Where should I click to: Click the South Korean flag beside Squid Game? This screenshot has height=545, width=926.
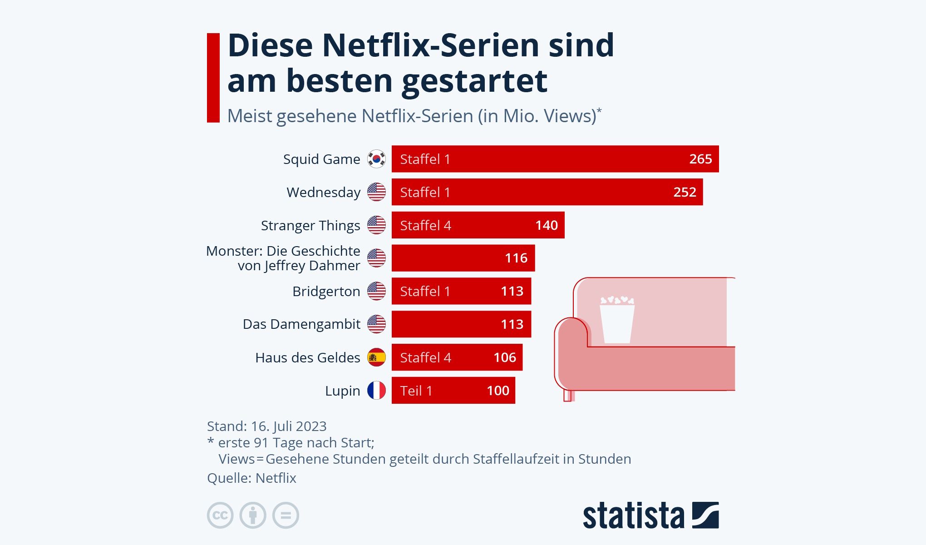376,159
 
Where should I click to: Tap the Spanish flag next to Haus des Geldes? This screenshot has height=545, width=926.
376,357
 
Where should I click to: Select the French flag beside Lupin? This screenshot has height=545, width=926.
376,391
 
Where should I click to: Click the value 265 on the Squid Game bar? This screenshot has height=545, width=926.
700,159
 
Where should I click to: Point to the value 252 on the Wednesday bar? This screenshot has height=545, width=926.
685,192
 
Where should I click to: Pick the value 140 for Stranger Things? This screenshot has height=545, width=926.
546,225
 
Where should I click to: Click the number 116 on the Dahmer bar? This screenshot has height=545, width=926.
516,258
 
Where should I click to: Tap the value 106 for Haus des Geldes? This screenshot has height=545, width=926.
505,357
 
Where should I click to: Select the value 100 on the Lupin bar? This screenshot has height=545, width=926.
498,391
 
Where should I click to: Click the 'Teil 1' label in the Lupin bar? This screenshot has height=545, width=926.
416,391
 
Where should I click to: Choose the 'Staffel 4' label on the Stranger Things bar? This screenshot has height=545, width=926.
425,225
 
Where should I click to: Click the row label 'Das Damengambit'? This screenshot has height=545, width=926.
301,324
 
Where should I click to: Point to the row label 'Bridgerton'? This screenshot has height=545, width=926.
326,291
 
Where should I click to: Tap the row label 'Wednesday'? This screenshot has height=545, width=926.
323,192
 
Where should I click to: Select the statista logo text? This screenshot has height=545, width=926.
633,515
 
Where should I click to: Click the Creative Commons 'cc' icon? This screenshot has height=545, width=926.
220,515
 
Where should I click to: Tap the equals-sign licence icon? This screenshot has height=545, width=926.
286,515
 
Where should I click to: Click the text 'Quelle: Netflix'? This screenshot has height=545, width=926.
251,478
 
